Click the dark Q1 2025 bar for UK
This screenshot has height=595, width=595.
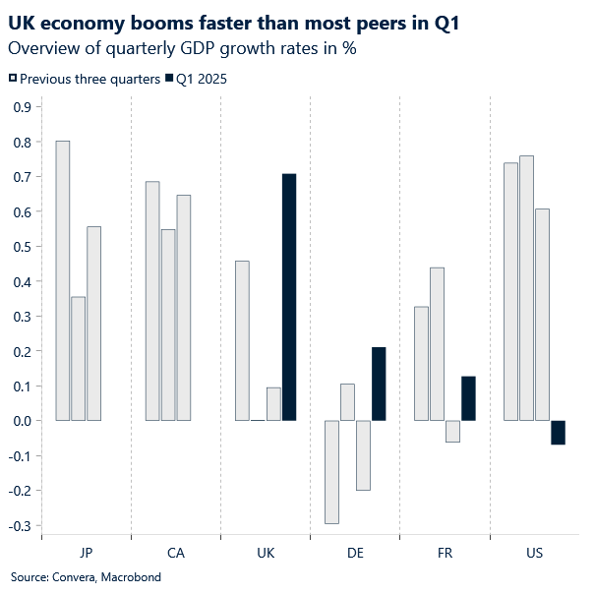[289, 297]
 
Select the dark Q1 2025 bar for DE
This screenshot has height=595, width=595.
[379, 384]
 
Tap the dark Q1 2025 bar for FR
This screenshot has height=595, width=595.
[468, 398]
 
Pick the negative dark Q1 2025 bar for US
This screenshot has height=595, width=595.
[559, 433]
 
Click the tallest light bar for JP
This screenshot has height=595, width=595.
[63, 280]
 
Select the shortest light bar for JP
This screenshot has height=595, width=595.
[79, 359]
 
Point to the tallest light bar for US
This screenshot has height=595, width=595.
[526, 288]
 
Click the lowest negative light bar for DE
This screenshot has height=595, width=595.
[331, 472]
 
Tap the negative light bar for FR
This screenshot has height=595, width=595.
[452, 431]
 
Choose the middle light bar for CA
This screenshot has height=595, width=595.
[168, 325]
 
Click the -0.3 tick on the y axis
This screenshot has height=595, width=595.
[17, 526]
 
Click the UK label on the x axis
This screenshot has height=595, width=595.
[266, 554]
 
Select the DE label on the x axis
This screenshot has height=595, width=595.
[355, 554]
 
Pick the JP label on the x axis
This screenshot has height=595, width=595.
[86, 554]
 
